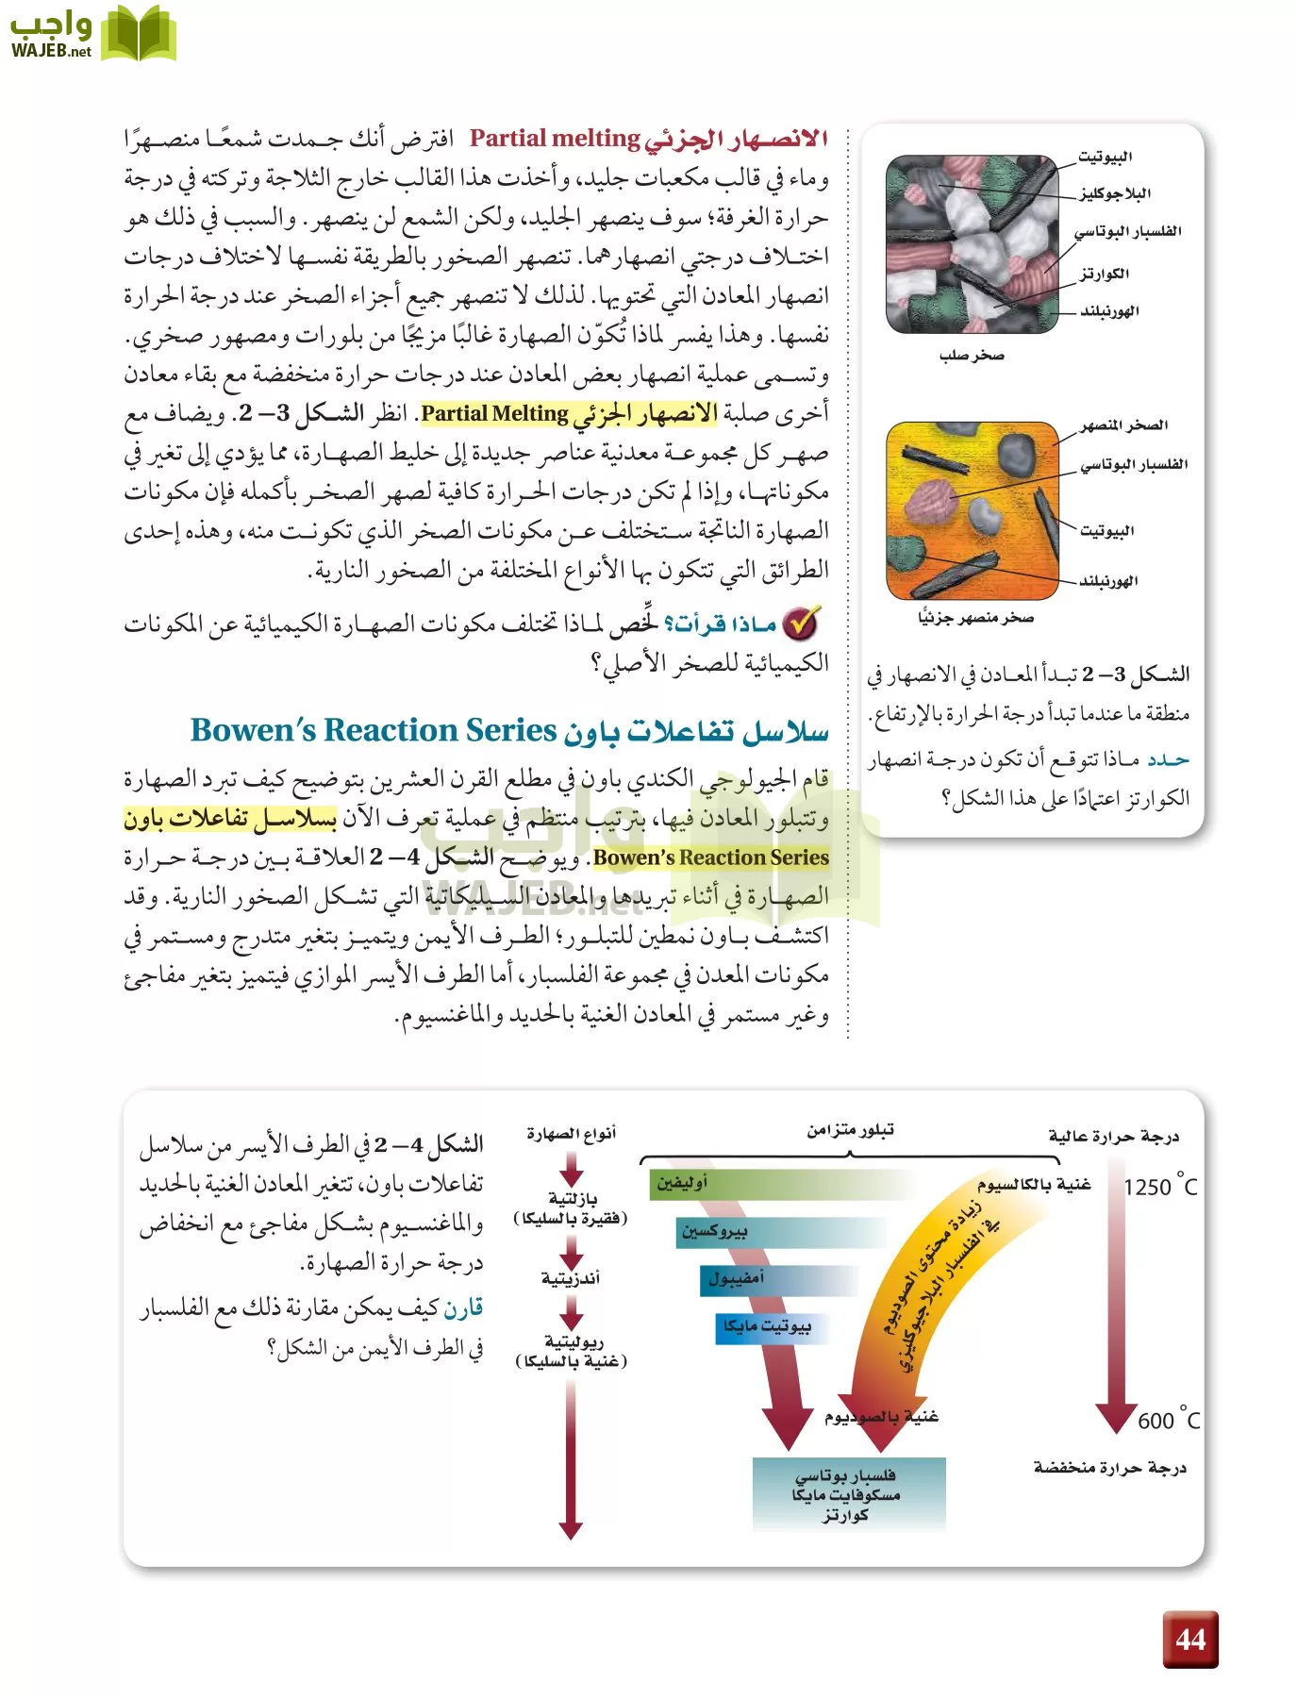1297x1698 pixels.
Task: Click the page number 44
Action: point(1190,1640)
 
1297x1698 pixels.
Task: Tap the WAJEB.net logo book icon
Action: point(138,34)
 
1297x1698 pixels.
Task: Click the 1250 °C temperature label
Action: point(1159,1187)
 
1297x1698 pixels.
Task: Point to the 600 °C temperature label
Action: point(1168,1421)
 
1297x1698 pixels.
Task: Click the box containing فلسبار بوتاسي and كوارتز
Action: point(848,1494)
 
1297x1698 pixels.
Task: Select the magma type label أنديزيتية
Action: point(571,1278)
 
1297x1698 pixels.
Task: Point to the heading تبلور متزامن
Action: point(850,1130)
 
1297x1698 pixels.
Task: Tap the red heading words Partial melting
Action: point(555,139)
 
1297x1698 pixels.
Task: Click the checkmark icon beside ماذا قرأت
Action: point(801,624)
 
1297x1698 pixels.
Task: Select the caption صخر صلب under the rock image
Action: point(972,356)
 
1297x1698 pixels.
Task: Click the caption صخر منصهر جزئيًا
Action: point(975,617)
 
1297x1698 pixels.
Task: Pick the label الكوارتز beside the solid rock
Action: point(1105,274)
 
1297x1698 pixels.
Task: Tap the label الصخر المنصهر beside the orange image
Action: point(1124,425)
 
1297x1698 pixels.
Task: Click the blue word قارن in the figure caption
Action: point(463,1308)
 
